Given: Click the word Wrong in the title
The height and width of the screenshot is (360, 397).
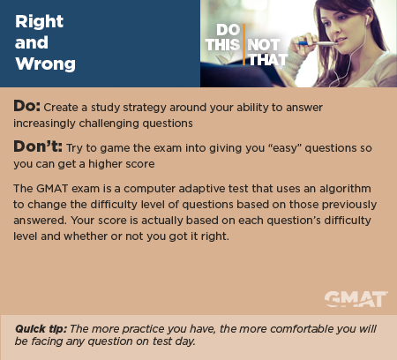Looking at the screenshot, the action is click(46, 64).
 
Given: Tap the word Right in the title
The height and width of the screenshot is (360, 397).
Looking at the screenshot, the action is click(39, 21).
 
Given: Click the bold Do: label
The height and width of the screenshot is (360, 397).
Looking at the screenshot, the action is click(26, 105).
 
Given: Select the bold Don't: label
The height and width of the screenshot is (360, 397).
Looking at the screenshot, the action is click(38, 146).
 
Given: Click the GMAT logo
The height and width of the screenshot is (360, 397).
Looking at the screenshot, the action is click(356, 299).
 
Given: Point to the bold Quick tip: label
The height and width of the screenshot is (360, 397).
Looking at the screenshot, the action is click(41, 328).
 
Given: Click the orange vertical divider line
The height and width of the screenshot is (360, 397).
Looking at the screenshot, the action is click(243, 44).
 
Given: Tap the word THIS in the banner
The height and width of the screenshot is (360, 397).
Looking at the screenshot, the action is click(222, 45).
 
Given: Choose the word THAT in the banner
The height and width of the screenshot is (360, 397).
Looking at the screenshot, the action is click(268, 60).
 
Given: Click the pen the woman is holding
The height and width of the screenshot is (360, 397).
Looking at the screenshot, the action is click(317, 44).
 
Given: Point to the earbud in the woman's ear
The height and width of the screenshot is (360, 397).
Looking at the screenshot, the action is click(367, 20).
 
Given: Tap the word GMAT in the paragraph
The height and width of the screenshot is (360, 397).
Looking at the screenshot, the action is click(52, 189).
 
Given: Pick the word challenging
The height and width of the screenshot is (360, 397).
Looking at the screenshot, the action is click(109, 124).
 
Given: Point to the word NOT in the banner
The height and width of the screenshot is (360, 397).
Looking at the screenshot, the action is click(263, 45).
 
